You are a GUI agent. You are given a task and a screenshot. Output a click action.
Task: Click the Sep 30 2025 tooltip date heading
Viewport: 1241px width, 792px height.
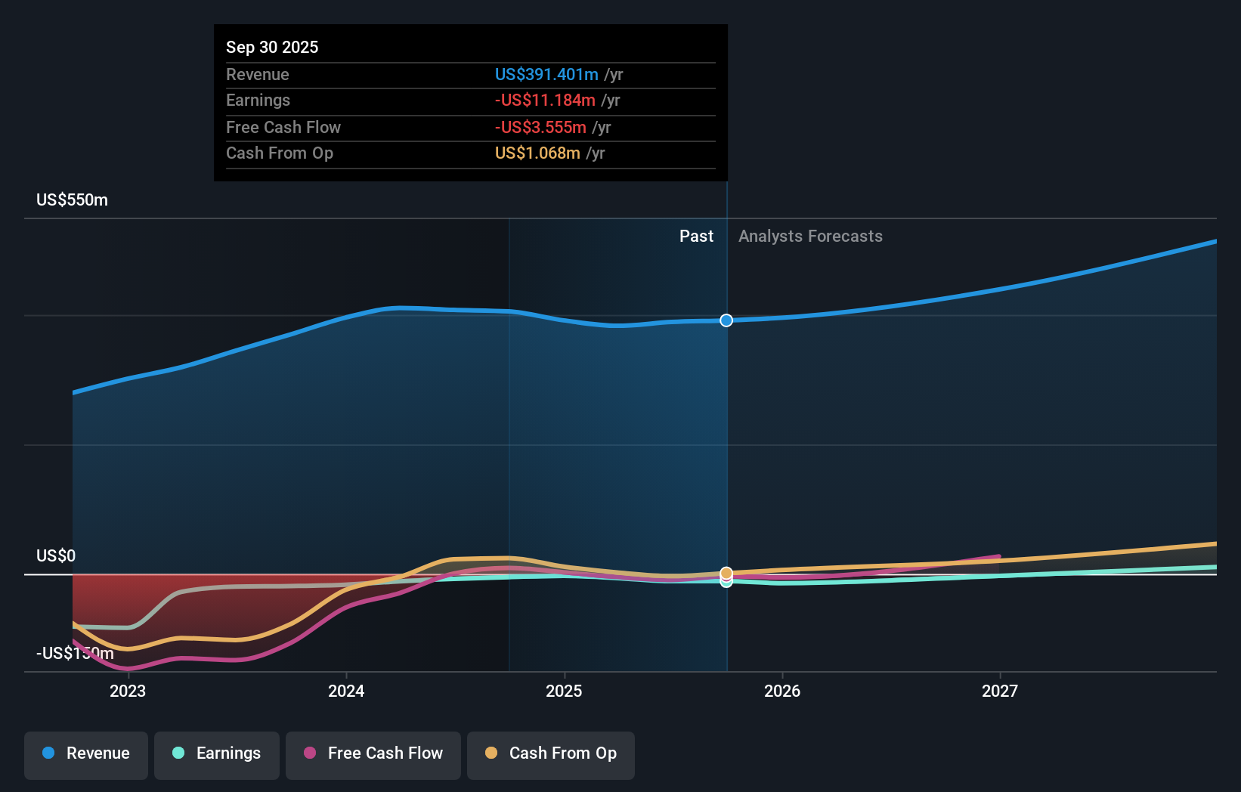pos(272,47)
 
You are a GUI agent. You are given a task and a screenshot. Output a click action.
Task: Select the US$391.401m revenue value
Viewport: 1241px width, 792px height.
pos(546,74)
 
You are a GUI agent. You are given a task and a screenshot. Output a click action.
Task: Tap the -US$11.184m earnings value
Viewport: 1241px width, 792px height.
pos(544,100)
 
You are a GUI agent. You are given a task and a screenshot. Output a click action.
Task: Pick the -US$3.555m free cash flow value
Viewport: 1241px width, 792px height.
pos(540,127)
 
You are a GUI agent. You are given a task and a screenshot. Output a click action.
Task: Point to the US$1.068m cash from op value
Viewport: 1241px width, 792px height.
pos(537,153)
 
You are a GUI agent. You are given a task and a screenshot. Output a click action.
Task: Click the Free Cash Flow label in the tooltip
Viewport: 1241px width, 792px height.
pos(283,127)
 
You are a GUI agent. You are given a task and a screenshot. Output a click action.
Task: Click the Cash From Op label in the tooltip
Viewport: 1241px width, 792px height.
pos(280,153)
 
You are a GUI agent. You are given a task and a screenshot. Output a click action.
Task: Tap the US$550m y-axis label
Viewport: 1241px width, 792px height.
pos(72,200)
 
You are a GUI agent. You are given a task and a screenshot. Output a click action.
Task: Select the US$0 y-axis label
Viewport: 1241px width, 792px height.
pos(56,555)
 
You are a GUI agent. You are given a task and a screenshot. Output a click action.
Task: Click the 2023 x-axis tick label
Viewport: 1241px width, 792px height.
pos(128,691)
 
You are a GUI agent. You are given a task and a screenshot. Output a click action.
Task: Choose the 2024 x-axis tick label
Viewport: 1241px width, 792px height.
pos(346,691)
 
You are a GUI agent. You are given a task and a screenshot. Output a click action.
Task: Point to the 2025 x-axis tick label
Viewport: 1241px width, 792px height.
pos(564,691)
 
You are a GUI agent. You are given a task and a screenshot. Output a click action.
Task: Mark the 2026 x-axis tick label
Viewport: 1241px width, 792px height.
pos(782,691)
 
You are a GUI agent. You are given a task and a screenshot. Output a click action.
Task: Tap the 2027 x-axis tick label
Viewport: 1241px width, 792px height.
pos(1000,691)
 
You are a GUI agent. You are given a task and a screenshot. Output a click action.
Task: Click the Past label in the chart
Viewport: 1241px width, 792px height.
pos(696,236)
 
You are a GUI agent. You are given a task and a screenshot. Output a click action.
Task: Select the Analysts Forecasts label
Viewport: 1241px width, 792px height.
pos(810,236)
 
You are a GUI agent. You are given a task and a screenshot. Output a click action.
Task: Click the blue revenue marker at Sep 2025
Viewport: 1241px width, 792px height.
pos(726,320)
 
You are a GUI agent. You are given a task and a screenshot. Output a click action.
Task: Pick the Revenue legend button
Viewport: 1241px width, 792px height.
pos(86,753)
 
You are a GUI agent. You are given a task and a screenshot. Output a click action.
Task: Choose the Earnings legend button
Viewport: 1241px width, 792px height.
pos(217,753)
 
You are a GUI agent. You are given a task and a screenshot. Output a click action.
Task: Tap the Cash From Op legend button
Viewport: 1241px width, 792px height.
pos(551,753)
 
